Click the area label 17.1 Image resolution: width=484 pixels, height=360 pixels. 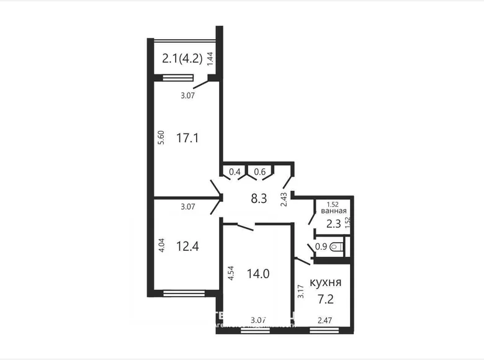tap(187, 138)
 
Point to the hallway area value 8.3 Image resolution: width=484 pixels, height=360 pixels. tap(258, 200)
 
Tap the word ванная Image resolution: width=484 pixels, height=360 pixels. tap(333, 211)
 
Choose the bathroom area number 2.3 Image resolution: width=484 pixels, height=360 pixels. tap(333, 222)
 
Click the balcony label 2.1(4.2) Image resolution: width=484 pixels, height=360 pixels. tap(183, 60)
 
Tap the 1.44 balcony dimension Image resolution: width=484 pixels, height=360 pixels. tap(210, 60)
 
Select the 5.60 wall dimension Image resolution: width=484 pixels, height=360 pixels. tap(161, 137)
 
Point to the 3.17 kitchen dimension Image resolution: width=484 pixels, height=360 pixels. tap(300, 292)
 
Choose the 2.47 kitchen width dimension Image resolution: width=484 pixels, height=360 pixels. tap(325, 320)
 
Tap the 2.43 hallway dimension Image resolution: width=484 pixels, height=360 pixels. tap(284, 199)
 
